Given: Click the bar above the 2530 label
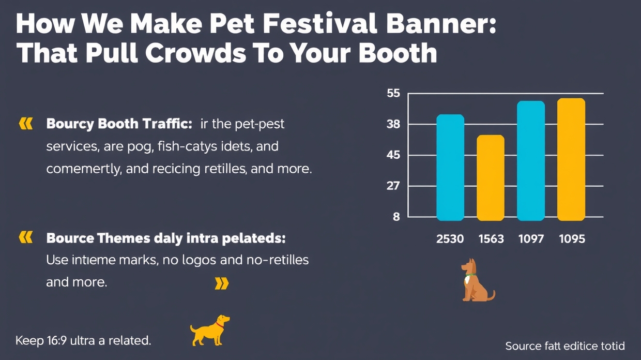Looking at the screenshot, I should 450,168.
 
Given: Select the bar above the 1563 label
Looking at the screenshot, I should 490,178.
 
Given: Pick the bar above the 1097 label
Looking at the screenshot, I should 531,161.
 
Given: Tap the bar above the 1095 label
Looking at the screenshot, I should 571,160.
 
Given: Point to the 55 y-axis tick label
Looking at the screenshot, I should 393,94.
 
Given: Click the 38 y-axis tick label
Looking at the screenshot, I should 393,125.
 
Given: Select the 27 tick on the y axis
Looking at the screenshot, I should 393,186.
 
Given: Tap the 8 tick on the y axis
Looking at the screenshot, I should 396,217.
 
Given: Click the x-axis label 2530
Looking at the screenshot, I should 450,239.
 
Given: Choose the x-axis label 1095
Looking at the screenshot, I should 572,239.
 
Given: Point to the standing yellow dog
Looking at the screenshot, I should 209,329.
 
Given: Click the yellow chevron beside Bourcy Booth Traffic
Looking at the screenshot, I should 25,124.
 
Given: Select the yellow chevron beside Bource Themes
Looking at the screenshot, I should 25,237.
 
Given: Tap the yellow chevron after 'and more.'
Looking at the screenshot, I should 221,283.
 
